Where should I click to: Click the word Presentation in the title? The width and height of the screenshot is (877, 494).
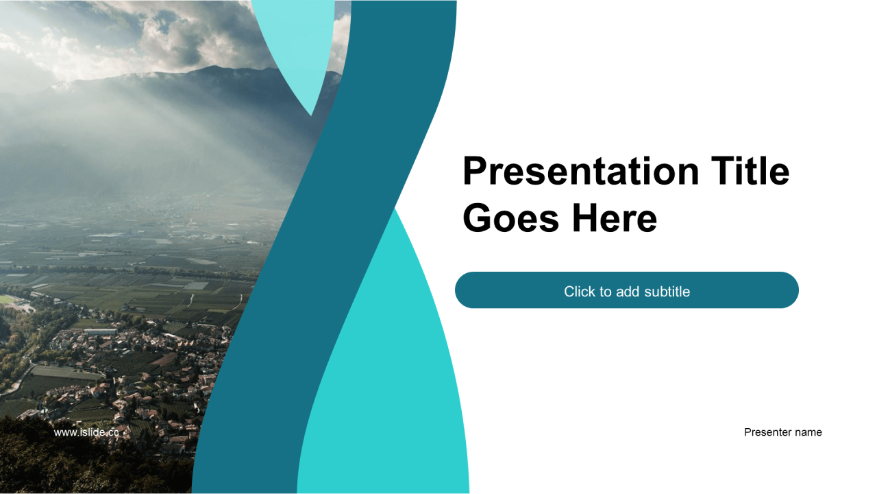point(581,172)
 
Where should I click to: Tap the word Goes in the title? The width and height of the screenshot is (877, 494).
point(511,218)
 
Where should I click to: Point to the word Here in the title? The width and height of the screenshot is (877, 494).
point(615,218)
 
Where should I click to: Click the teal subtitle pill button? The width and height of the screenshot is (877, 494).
point(626,290)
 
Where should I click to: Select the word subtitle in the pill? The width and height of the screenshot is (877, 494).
point(667,292)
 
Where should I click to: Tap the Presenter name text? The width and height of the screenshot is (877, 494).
point(782,432)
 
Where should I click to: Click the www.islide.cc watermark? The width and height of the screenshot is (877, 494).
point(86,432)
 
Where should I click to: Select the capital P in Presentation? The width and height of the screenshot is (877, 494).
point(475,172)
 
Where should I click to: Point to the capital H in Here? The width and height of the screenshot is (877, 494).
point(586,218)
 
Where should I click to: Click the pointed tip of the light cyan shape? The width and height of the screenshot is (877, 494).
point(311,115)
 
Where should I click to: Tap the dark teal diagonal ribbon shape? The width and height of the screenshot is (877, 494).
point(325,247)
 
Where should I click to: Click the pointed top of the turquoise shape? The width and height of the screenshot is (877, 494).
point(395,209)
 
